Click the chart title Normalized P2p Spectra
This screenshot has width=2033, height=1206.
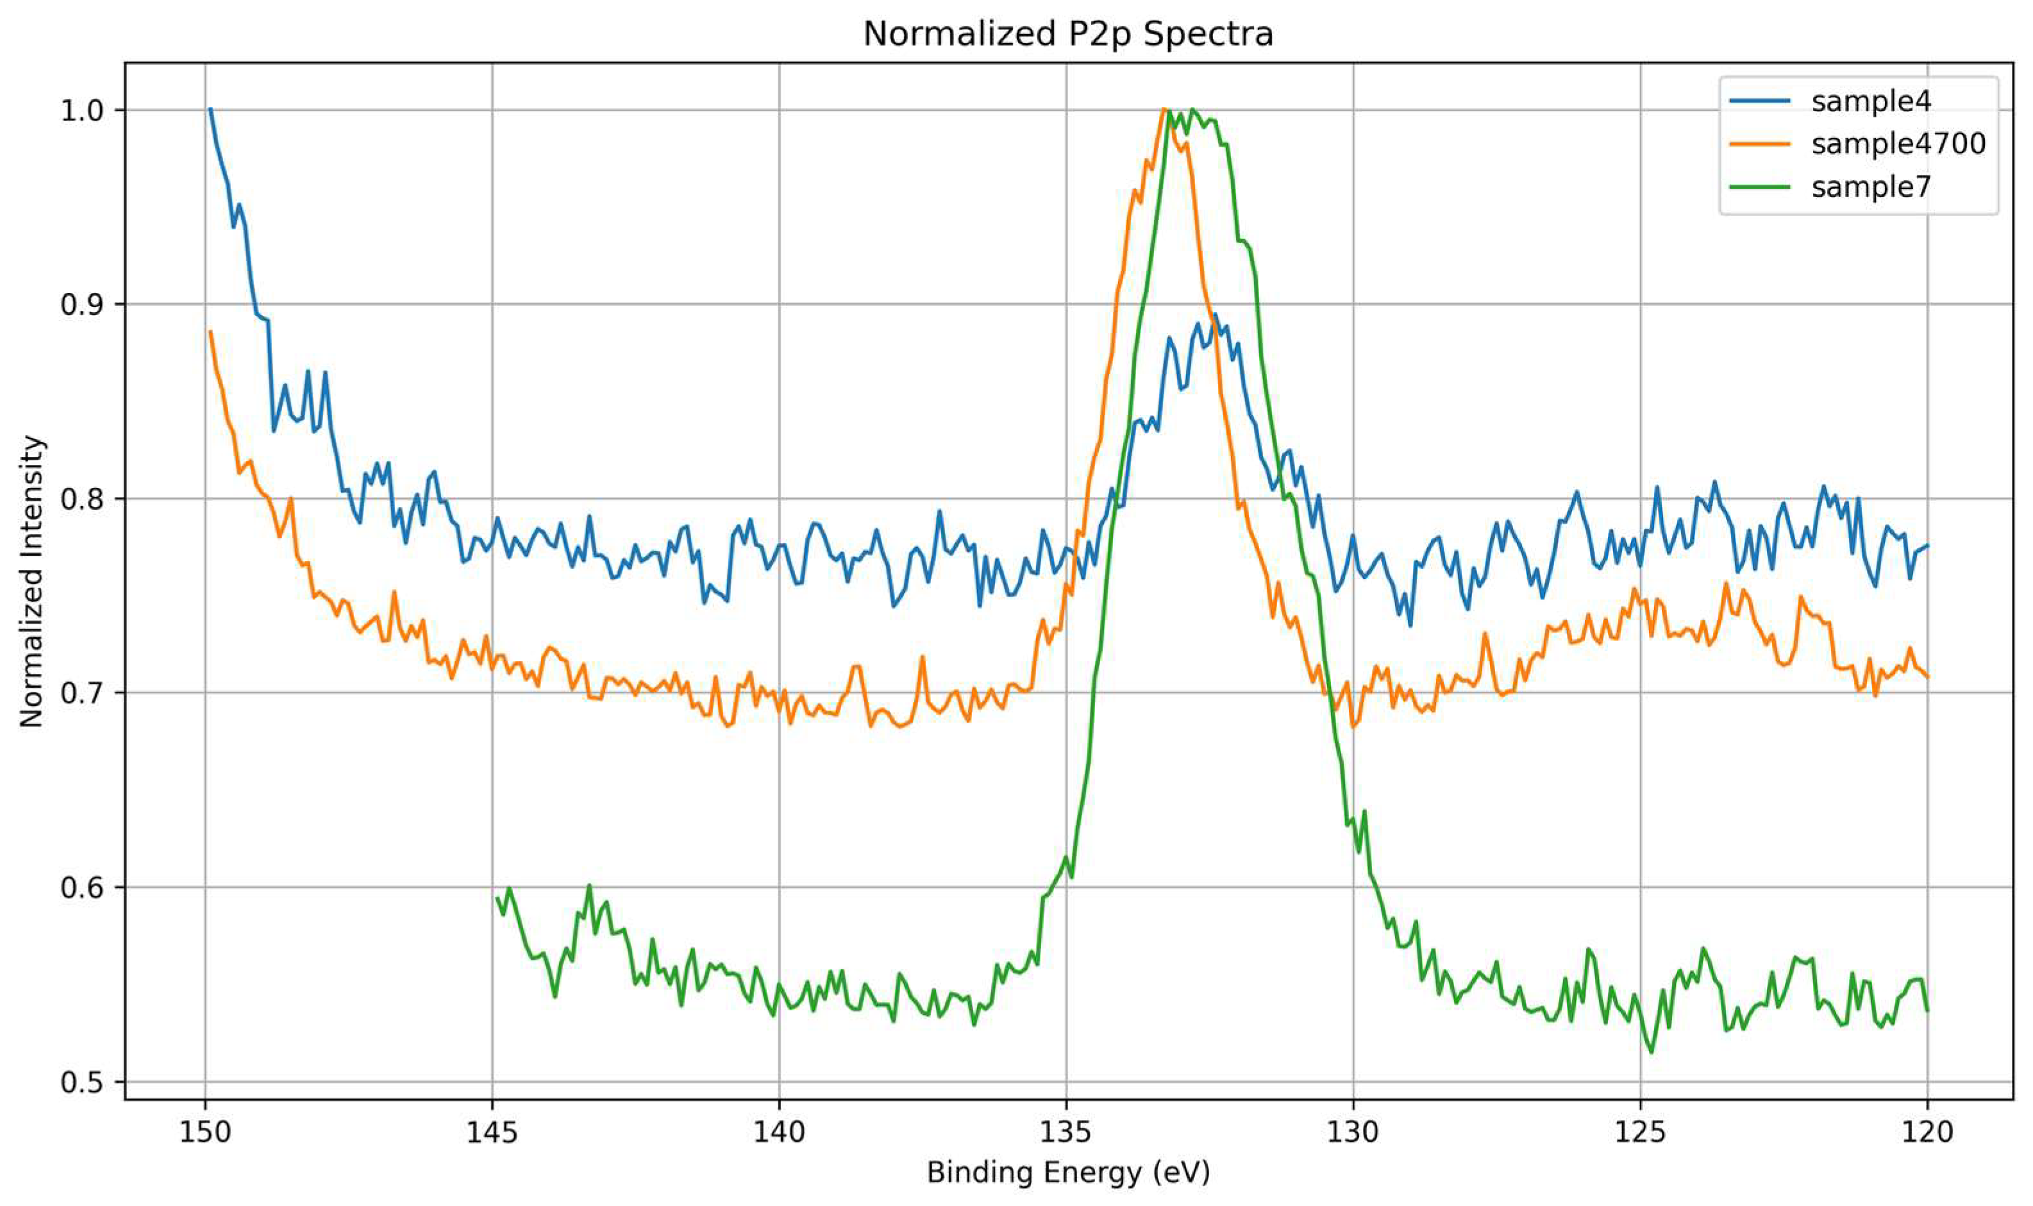[1067, 34]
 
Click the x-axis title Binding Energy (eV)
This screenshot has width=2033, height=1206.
[1067, 1173]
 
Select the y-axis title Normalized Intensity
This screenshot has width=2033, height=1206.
[33, 581]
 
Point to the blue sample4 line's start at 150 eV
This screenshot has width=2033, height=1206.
[210, 110]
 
